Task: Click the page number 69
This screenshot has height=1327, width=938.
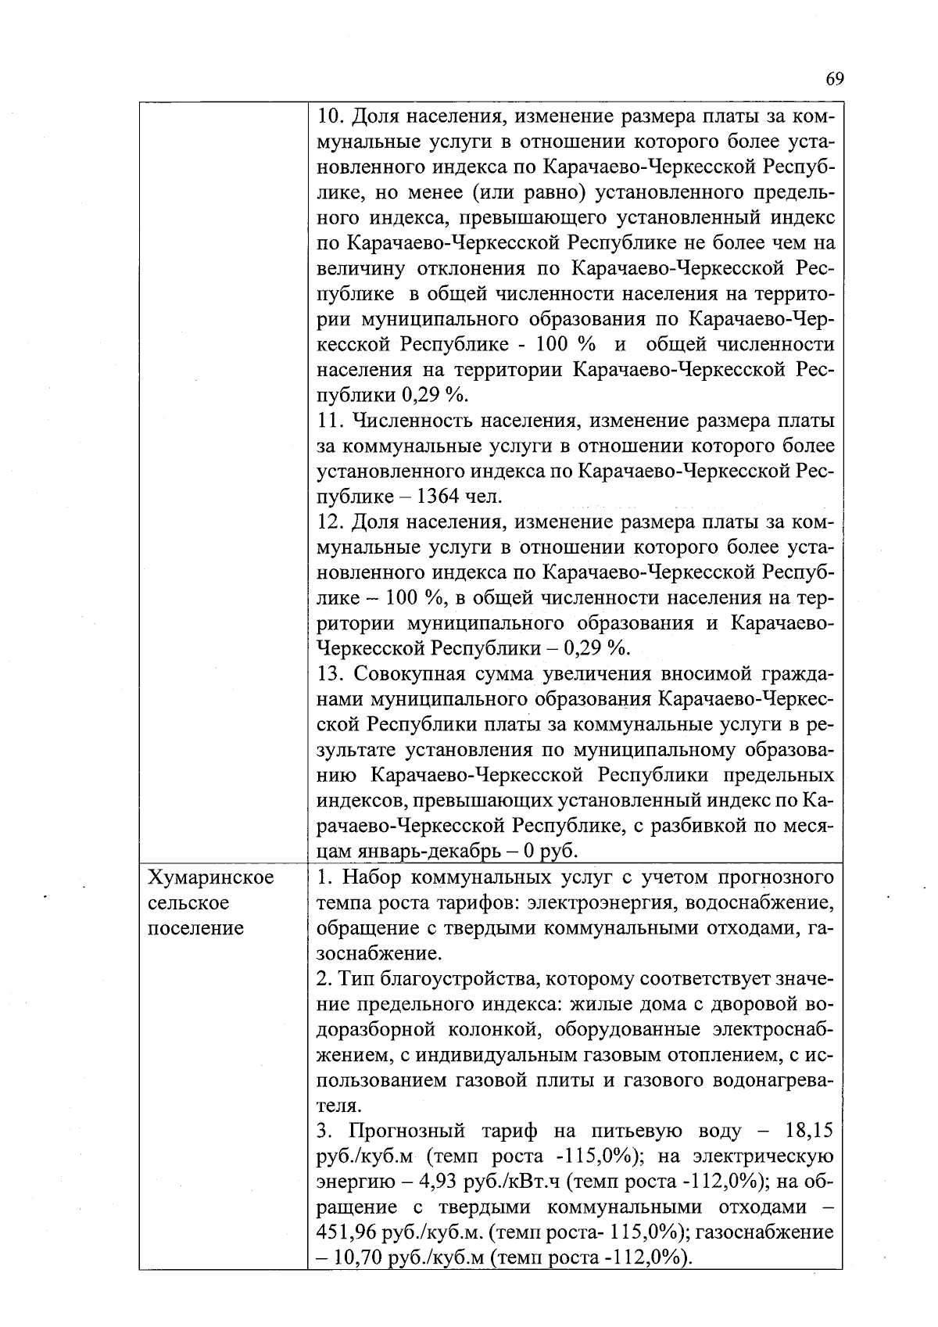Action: [x=835, y=79]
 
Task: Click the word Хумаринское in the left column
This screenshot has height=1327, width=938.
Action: [x=211, y=877]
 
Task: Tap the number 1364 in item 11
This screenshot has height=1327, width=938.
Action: [x=441, y=497]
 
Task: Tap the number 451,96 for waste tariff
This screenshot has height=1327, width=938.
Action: [x=345, y=1232]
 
